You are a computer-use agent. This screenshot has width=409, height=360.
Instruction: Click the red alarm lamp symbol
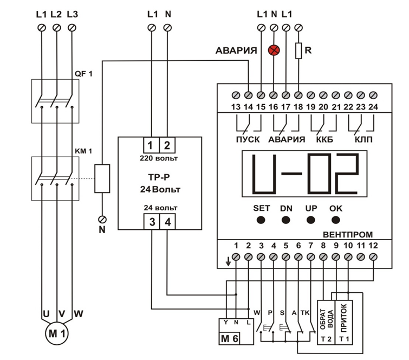point(274,50)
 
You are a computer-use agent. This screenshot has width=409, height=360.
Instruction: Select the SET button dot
point(261,220)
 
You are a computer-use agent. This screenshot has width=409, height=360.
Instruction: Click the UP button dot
point(311,220)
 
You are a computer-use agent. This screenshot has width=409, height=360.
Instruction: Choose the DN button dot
point(286,220)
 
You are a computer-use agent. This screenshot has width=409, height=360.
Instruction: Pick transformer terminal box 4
point(167,222)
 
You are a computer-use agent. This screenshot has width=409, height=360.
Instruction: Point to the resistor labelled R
point(298,51)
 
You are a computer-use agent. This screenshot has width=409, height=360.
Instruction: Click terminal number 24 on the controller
point(373,107)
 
